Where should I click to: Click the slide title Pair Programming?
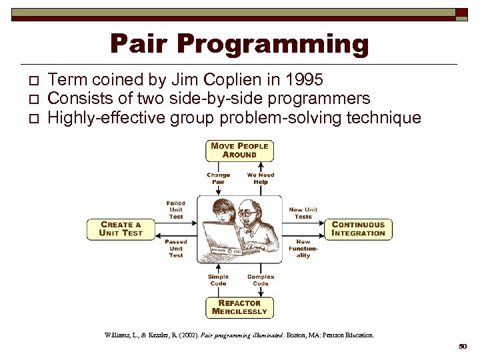(239, 44)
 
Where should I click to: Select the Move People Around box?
(239, 150)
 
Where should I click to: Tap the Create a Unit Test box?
(120, 229)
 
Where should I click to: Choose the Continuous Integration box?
(359, 229)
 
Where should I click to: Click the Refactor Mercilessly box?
(239, 307)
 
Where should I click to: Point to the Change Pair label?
(218, 178)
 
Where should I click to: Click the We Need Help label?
(261, 178)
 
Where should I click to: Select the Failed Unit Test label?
(176, 209)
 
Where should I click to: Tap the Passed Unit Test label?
(176, 248)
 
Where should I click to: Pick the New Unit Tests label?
(303, 213)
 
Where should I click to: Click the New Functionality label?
(303, 248)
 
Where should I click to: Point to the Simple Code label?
(218, 280)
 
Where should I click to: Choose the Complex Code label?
(261, 280)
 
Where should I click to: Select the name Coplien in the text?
(232, 80)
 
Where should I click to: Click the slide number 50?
(463, 347)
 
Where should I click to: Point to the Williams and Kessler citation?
(239, 335)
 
